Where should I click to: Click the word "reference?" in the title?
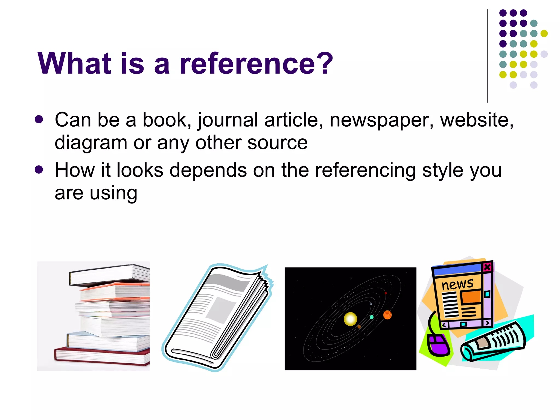coord(256,63)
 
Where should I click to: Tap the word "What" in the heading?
coord(74,63)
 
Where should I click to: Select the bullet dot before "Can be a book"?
coord(39,119)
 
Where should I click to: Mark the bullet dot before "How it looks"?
coord(39,170)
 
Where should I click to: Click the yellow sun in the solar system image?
coord(350,319)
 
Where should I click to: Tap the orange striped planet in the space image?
coord(387,315)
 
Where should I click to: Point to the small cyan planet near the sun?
coord(372,317)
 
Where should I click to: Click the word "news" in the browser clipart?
coord(457,284)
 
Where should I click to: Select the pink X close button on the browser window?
coord(487,267)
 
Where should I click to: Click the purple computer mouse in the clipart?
coord(438,345)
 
